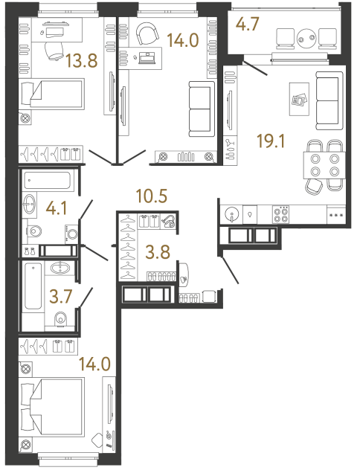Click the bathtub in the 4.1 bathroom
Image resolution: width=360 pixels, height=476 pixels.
pos(47,180)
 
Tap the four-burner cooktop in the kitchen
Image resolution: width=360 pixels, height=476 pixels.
pos(283,214)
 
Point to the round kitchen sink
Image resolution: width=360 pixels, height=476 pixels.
pos(232,215)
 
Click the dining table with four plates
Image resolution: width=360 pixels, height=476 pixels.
pos(326,165)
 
